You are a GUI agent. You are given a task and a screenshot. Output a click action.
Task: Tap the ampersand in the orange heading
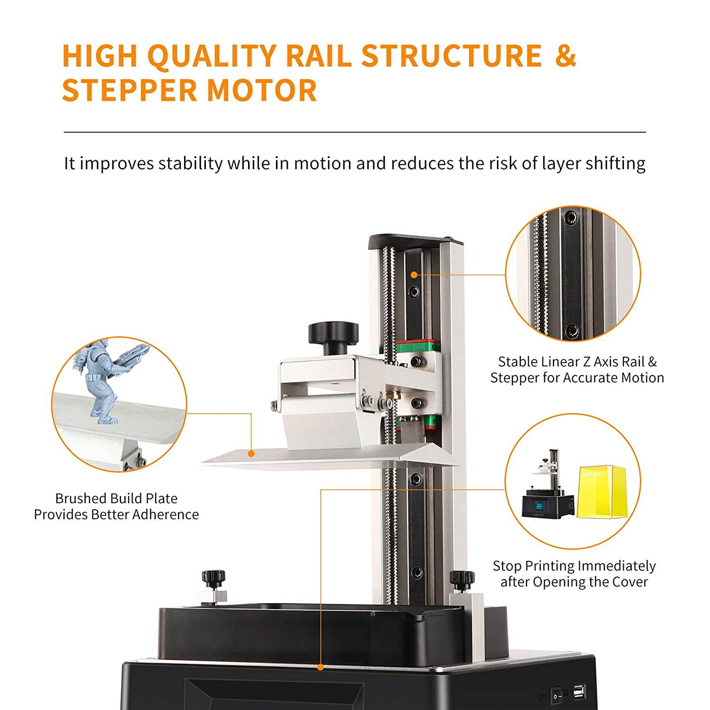coord(565,55)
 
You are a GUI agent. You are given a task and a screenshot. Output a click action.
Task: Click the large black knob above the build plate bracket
coord(333,337)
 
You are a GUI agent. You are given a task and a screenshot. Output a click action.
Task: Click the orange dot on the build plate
coord(251,453)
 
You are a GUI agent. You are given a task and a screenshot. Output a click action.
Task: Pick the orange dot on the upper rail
coord(414,275)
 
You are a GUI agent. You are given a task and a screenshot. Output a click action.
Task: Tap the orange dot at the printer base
coord(320,667)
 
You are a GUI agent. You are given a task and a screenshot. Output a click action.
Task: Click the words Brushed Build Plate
coord(116,498)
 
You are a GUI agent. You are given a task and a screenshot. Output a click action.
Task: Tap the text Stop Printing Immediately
coord(574,566)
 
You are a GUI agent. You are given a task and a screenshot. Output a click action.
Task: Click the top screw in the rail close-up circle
coord(572,218)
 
